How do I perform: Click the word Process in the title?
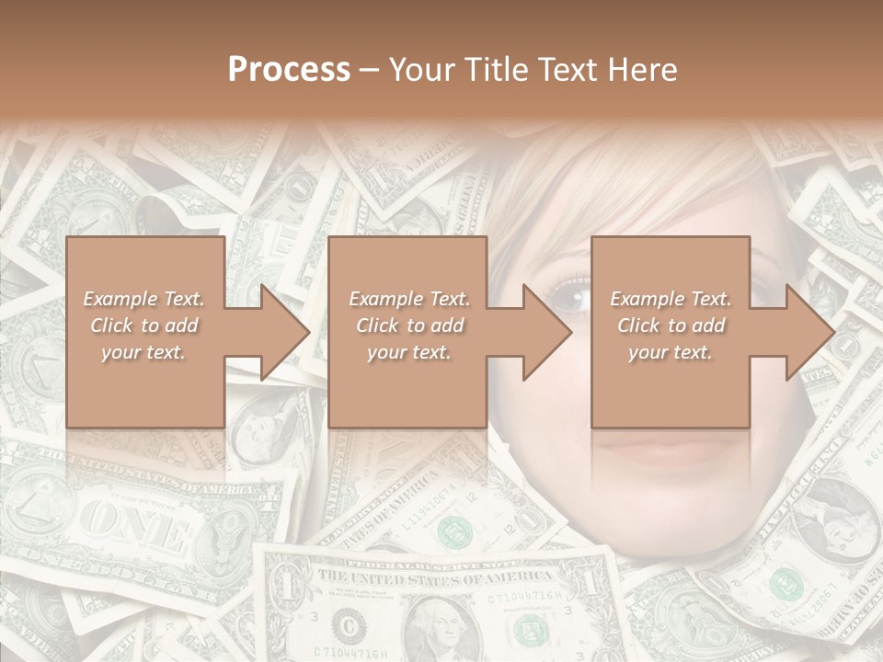tap(289, 69)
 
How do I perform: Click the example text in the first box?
tap(144, 325)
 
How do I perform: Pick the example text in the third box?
tap(671, 325)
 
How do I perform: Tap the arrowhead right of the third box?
tap(809, 332)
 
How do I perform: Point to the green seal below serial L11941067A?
tap(453, 530)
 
